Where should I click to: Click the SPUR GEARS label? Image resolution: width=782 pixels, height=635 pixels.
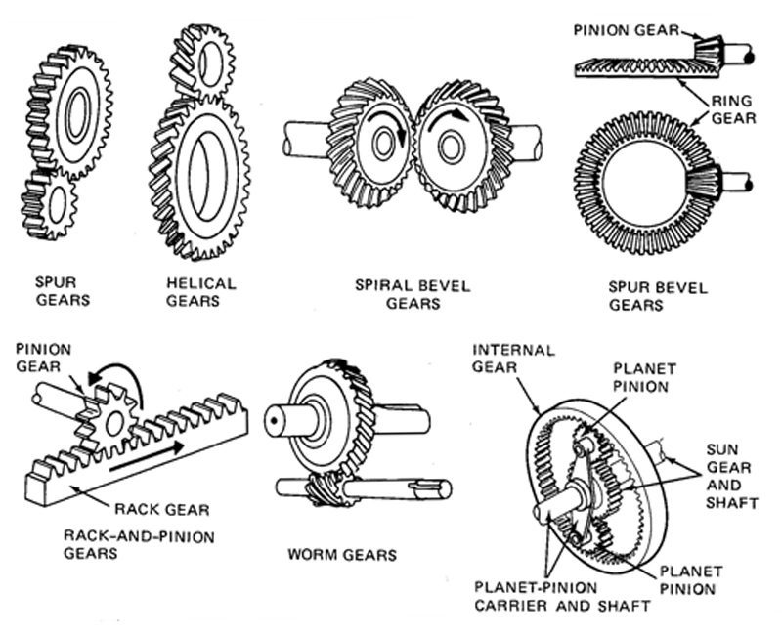61,292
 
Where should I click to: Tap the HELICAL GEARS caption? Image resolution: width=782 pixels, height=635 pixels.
201,292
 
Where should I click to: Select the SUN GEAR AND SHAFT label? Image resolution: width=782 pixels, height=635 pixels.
728,476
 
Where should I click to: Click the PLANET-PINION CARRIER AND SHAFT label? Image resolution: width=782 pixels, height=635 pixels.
562,597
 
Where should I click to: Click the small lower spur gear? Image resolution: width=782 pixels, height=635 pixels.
48,202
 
